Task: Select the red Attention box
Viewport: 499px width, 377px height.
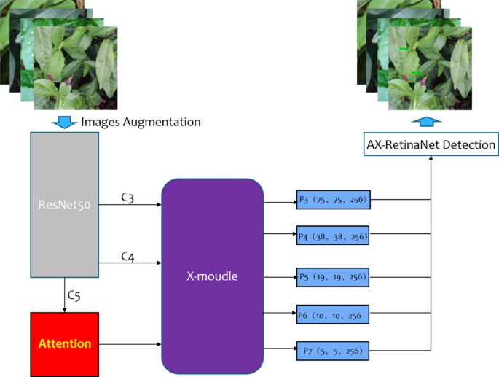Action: (x=64, y=343)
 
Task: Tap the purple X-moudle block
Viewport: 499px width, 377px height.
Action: (x=212, y=277)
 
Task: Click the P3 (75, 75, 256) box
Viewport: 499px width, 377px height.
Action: (x=334, y=199)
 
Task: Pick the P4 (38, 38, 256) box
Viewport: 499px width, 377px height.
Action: (x=334, y=236)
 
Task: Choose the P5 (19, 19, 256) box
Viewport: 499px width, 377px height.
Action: (x=334, y=277)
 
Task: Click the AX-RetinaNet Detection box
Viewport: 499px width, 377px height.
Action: (x=431, y=145)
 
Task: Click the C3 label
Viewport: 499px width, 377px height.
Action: (x=128, y=198)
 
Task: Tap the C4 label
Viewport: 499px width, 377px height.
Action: (x=128, y=256)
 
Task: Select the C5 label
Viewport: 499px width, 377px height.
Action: (x=74, y=295)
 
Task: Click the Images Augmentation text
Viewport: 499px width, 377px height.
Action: (x=141, y=122)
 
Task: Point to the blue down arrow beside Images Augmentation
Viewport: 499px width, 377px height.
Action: (x=65, y=121)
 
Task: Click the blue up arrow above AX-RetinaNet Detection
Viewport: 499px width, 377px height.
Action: (x=431, y=121)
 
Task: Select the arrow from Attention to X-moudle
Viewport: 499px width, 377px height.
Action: (x=130, y=343)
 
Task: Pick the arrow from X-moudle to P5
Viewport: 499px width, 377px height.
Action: (x=280, y=277)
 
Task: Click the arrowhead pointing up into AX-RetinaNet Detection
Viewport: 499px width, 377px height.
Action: (x=431, y=160)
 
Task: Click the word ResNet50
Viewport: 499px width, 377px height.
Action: (x=64, y=205)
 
